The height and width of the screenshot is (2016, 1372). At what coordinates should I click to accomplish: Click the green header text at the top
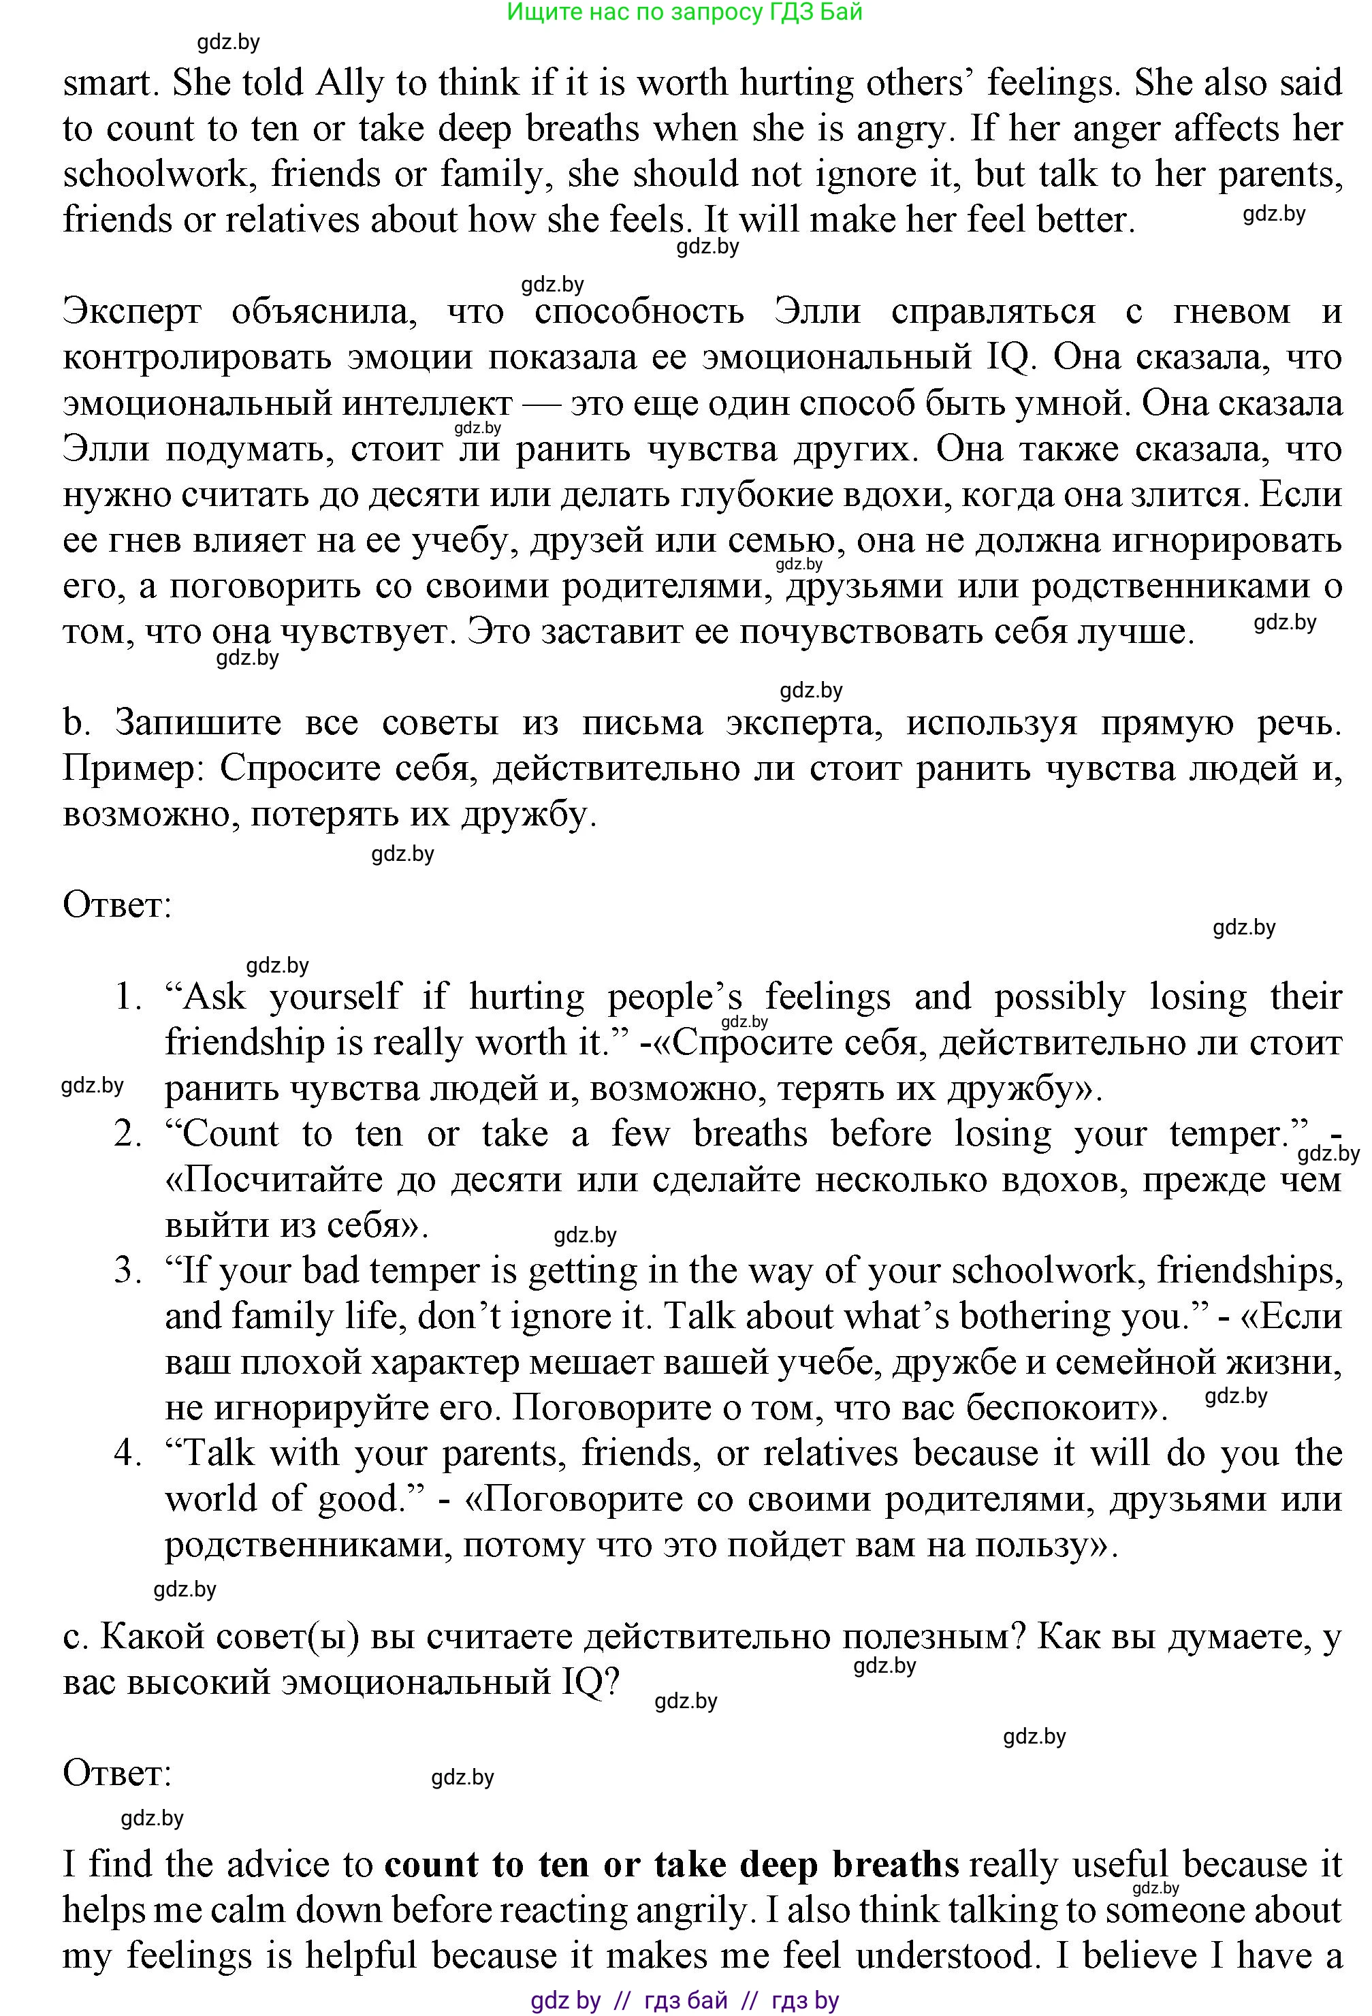684,12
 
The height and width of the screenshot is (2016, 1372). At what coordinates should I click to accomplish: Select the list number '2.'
129,1134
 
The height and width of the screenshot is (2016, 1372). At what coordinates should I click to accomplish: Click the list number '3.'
129,1271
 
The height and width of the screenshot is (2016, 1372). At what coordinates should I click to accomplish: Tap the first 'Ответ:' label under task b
117,906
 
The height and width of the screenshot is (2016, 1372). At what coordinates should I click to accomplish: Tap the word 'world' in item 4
212,1499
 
